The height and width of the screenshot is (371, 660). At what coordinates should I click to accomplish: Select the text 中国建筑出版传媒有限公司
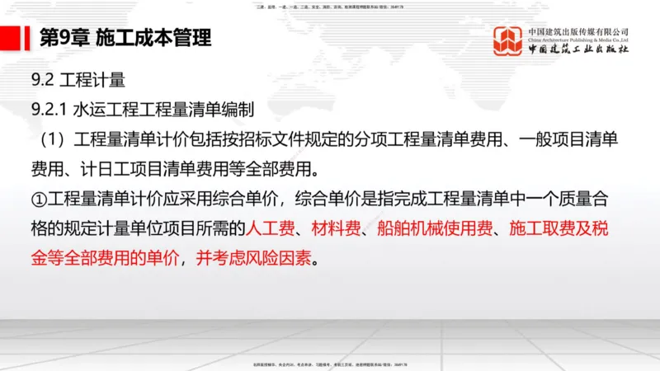click(578, 31)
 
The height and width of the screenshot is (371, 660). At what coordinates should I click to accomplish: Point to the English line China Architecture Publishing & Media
click(578, 39)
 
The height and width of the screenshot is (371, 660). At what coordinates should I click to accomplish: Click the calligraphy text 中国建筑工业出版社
click(578, 49)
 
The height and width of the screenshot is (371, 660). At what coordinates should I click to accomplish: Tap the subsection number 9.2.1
click(48, 109)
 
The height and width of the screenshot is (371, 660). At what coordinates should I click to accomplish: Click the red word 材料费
click(335, 228)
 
